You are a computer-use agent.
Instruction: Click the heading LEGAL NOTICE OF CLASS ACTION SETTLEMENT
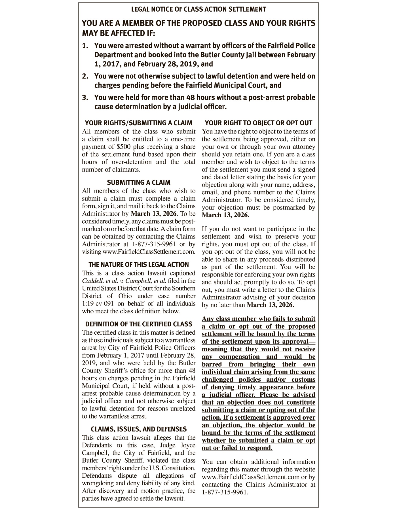198,9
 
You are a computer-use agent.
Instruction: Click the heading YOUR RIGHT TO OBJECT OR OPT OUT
258,123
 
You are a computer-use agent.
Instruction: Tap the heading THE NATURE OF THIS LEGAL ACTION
139,265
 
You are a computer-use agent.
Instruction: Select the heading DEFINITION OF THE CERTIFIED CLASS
139,324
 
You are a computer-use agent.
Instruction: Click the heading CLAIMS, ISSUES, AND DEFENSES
139,429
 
